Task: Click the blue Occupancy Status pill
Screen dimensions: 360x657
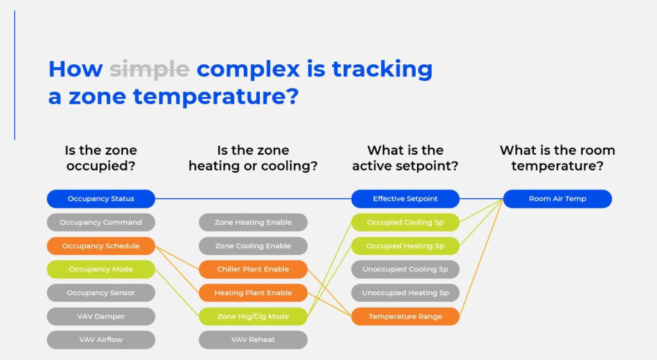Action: (101, 199)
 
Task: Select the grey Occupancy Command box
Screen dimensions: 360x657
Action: (101, 223)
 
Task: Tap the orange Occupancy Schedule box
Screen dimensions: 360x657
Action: (101, 246)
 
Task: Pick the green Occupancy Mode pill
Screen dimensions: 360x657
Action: (101, 270)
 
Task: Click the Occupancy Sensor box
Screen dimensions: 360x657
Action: (101, 293)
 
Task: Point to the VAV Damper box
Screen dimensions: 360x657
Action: (101, 316)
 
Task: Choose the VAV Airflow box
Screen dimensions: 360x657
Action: (101, 339)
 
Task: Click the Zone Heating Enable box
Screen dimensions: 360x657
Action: (253, 223)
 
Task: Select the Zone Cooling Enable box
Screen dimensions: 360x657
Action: (253, 246)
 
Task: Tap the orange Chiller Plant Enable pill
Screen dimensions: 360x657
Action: (253, 270)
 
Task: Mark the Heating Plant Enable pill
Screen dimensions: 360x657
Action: (253, 293)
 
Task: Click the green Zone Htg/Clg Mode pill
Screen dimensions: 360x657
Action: (253, 316)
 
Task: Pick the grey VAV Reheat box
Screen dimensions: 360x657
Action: (253, 339)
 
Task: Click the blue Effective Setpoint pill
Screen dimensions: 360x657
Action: (405, 199)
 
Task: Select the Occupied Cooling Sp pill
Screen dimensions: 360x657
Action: (405, 223)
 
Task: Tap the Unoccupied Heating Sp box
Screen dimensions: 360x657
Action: (405, 293)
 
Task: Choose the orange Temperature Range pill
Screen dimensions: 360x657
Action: (405, 316)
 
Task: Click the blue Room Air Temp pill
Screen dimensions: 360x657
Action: (557, 199)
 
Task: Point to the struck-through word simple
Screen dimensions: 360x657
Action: (149, 69)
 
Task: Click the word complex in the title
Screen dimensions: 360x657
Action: (248, 69)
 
